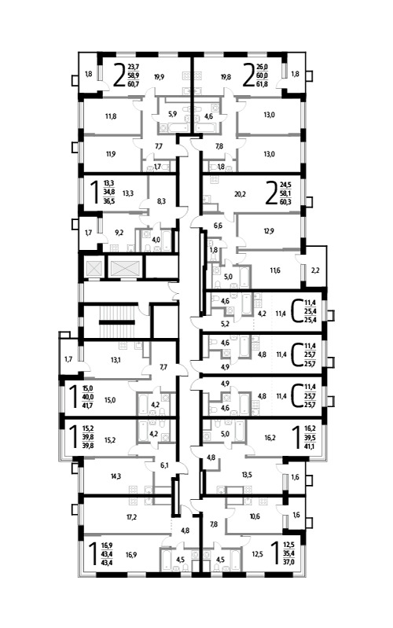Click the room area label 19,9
(159, 77)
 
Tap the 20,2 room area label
(240, 194)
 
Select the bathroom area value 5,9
(172, 114)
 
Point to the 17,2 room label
(132, 517)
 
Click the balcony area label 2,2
(315, 270)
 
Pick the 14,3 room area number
(116, 476)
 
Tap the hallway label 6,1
(164, 465)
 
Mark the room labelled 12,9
(270, 231)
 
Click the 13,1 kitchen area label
(116, 360)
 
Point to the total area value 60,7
(134, 83)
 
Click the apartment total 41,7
(88, 406)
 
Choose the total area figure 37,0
(288, 561)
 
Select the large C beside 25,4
(296, 310)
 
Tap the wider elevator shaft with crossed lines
(125, 268)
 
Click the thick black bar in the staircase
(116, 322)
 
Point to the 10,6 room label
(255, 516)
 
